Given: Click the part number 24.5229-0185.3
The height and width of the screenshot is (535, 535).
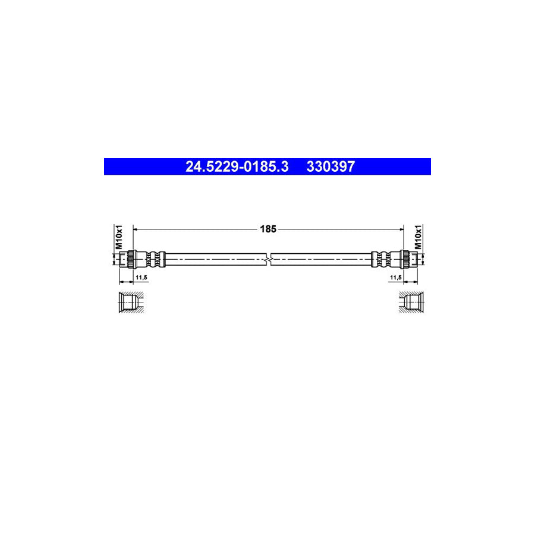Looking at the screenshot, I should [x=237, y=167].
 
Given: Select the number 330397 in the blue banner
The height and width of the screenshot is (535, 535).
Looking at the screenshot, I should [x=331, y=167].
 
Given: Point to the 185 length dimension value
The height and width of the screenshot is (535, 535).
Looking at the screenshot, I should [x=269, y=228].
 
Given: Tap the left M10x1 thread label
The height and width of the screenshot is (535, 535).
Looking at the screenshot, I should [x=118, y=237].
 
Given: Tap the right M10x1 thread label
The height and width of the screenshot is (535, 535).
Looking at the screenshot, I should [x=418, y=237].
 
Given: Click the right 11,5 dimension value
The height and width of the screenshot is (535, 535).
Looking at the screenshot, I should [x=395, y=277].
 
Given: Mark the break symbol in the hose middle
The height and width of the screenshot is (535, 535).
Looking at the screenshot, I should [x=269, y=259].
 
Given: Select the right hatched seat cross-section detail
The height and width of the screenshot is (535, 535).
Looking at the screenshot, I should [x=411, y=303].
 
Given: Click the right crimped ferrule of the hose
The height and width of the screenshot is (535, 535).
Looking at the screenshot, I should [x=383, y=259].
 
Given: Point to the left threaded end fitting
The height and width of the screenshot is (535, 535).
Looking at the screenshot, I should [x=124, y=259].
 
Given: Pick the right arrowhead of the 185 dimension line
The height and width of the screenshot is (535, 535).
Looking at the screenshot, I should [x=401, y=228].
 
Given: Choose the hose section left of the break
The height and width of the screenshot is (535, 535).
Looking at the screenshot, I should [x=214, y=259].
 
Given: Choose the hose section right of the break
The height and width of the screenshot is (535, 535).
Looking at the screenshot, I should [x=321, y=259].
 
